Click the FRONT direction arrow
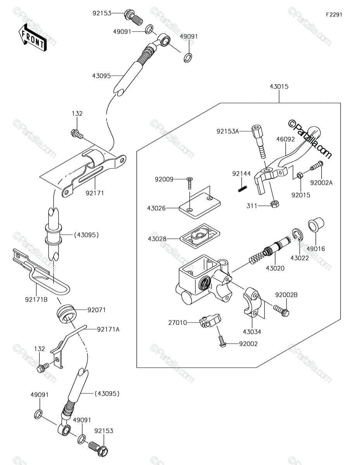coord(32,38)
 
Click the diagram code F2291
coord(334,15)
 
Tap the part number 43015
coord(279,86)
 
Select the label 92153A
coord(227,131)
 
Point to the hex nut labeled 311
coord(274,204)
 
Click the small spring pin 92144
coord(243,189)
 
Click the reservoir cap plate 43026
coord(200,205)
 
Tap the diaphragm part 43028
coord(200,236)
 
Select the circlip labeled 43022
coord(297,235)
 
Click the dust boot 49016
coord(316,225)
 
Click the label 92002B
coord(286,295)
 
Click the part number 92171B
coord(36,300)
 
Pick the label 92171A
coord(108,329)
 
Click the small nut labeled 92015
coord(300,176)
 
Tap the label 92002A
coord(321,183)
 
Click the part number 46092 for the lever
coord(285,139)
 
